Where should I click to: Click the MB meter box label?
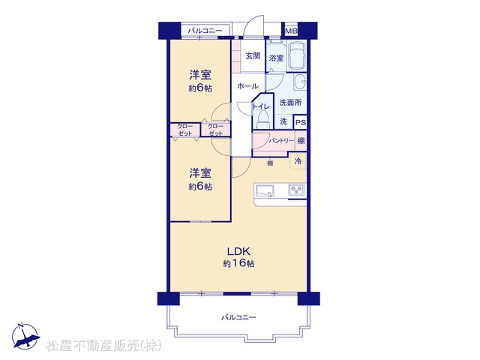coord(291,31)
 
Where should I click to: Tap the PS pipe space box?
coord(301,122)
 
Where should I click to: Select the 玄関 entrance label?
coord(253,56)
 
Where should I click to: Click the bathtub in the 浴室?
coord(298,56)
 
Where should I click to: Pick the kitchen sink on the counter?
coord(265,191)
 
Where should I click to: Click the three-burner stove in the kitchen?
coord(296,190)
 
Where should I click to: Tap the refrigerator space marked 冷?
coord(298,161)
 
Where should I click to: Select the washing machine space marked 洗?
coord(283,121)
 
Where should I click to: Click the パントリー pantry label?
coord(282,141)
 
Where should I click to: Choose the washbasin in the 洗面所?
coord(300,82)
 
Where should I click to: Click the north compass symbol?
coord(25,336)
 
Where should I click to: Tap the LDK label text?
coord(238,251)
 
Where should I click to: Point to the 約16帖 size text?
coord(238,263)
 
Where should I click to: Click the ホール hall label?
coord(247,86)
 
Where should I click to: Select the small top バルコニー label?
coord(205,31)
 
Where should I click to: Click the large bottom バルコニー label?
coord(238,317)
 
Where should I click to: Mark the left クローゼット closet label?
coord(185,130)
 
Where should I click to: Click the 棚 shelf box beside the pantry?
coord(301,141)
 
